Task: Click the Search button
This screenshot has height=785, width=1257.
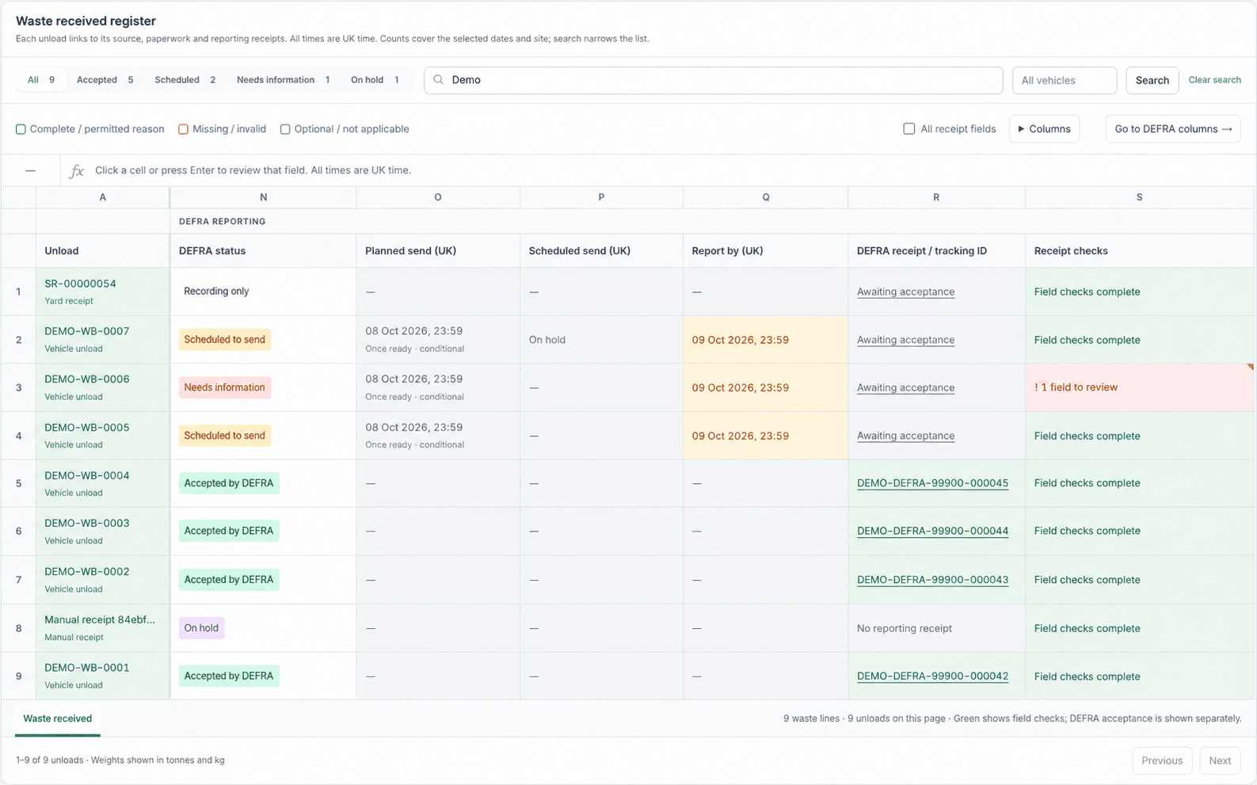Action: (1152, 80)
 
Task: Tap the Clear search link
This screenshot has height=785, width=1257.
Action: (1214, 80)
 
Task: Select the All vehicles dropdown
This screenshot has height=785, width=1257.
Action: (1064, 80)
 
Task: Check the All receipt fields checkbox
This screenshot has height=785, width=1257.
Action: (908, 129)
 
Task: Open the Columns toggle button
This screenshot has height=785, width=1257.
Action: (1044, 129)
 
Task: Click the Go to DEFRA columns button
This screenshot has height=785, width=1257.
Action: (1173, 129)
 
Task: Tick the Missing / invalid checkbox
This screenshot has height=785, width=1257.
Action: (183, 129)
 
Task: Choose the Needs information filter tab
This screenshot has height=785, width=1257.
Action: (283, 80)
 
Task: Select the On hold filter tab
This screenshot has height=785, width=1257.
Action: (375, 80)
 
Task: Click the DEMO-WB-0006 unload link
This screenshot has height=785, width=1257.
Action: (87, 379)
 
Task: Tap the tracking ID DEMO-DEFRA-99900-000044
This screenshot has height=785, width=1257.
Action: (932, 531)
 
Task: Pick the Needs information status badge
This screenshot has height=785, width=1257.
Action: (224, 387)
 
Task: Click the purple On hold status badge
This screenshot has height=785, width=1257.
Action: (201, 628)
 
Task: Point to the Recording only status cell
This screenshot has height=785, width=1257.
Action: (216, 292)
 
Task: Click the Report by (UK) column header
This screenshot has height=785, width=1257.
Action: (727, 251)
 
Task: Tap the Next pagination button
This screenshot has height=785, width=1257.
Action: (1220, 760)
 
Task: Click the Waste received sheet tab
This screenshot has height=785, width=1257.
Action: (57, 718)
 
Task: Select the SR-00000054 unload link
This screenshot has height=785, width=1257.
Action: (80, 284)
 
